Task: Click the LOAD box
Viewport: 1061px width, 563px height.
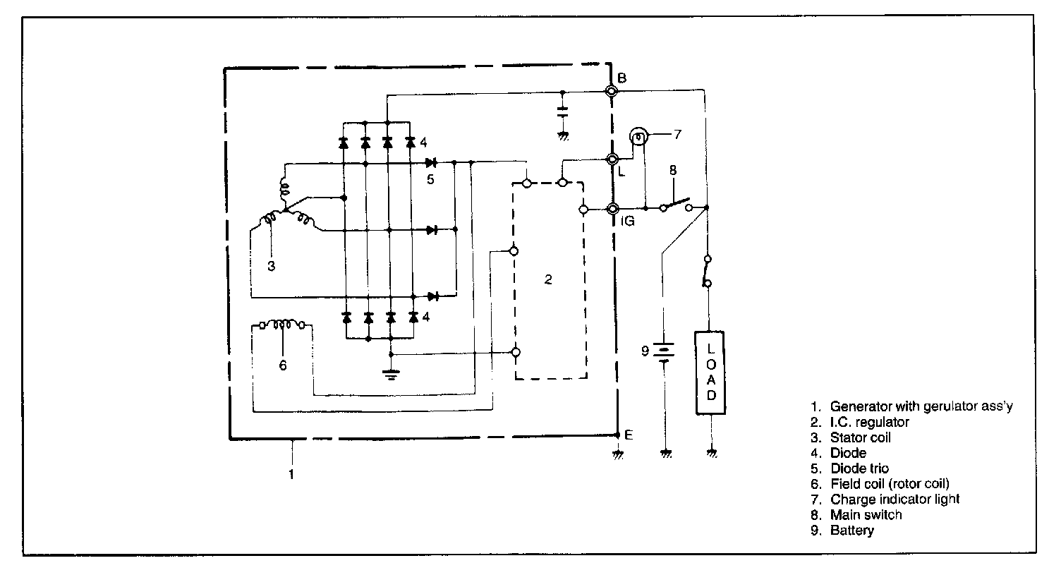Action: coord(711,372)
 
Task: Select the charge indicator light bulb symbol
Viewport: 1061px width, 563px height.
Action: coord(638,136)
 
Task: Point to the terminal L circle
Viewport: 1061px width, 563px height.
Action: coord(612,159)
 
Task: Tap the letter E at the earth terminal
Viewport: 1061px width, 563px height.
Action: coord(629,435)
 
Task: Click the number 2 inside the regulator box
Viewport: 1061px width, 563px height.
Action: coord(548,279)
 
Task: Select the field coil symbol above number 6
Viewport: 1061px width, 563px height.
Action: coord(282,325)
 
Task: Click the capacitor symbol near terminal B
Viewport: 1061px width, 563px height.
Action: coord(562,111)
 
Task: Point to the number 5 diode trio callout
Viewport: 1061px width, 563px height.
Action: coord(430,179)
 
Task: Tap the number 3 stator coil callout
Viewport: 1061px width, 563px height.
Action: coord(271,266)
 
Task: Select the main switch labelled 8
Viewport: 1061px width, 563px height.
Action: coord(677,204)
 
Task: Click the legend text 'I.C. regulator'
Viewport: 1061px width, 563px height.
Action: coord(869,422)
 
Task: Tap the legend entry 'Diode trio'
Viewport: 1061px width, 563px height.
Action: coord(859,468)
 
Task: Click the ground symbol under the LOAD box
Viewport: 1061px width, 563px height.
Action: coord(712,453)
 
